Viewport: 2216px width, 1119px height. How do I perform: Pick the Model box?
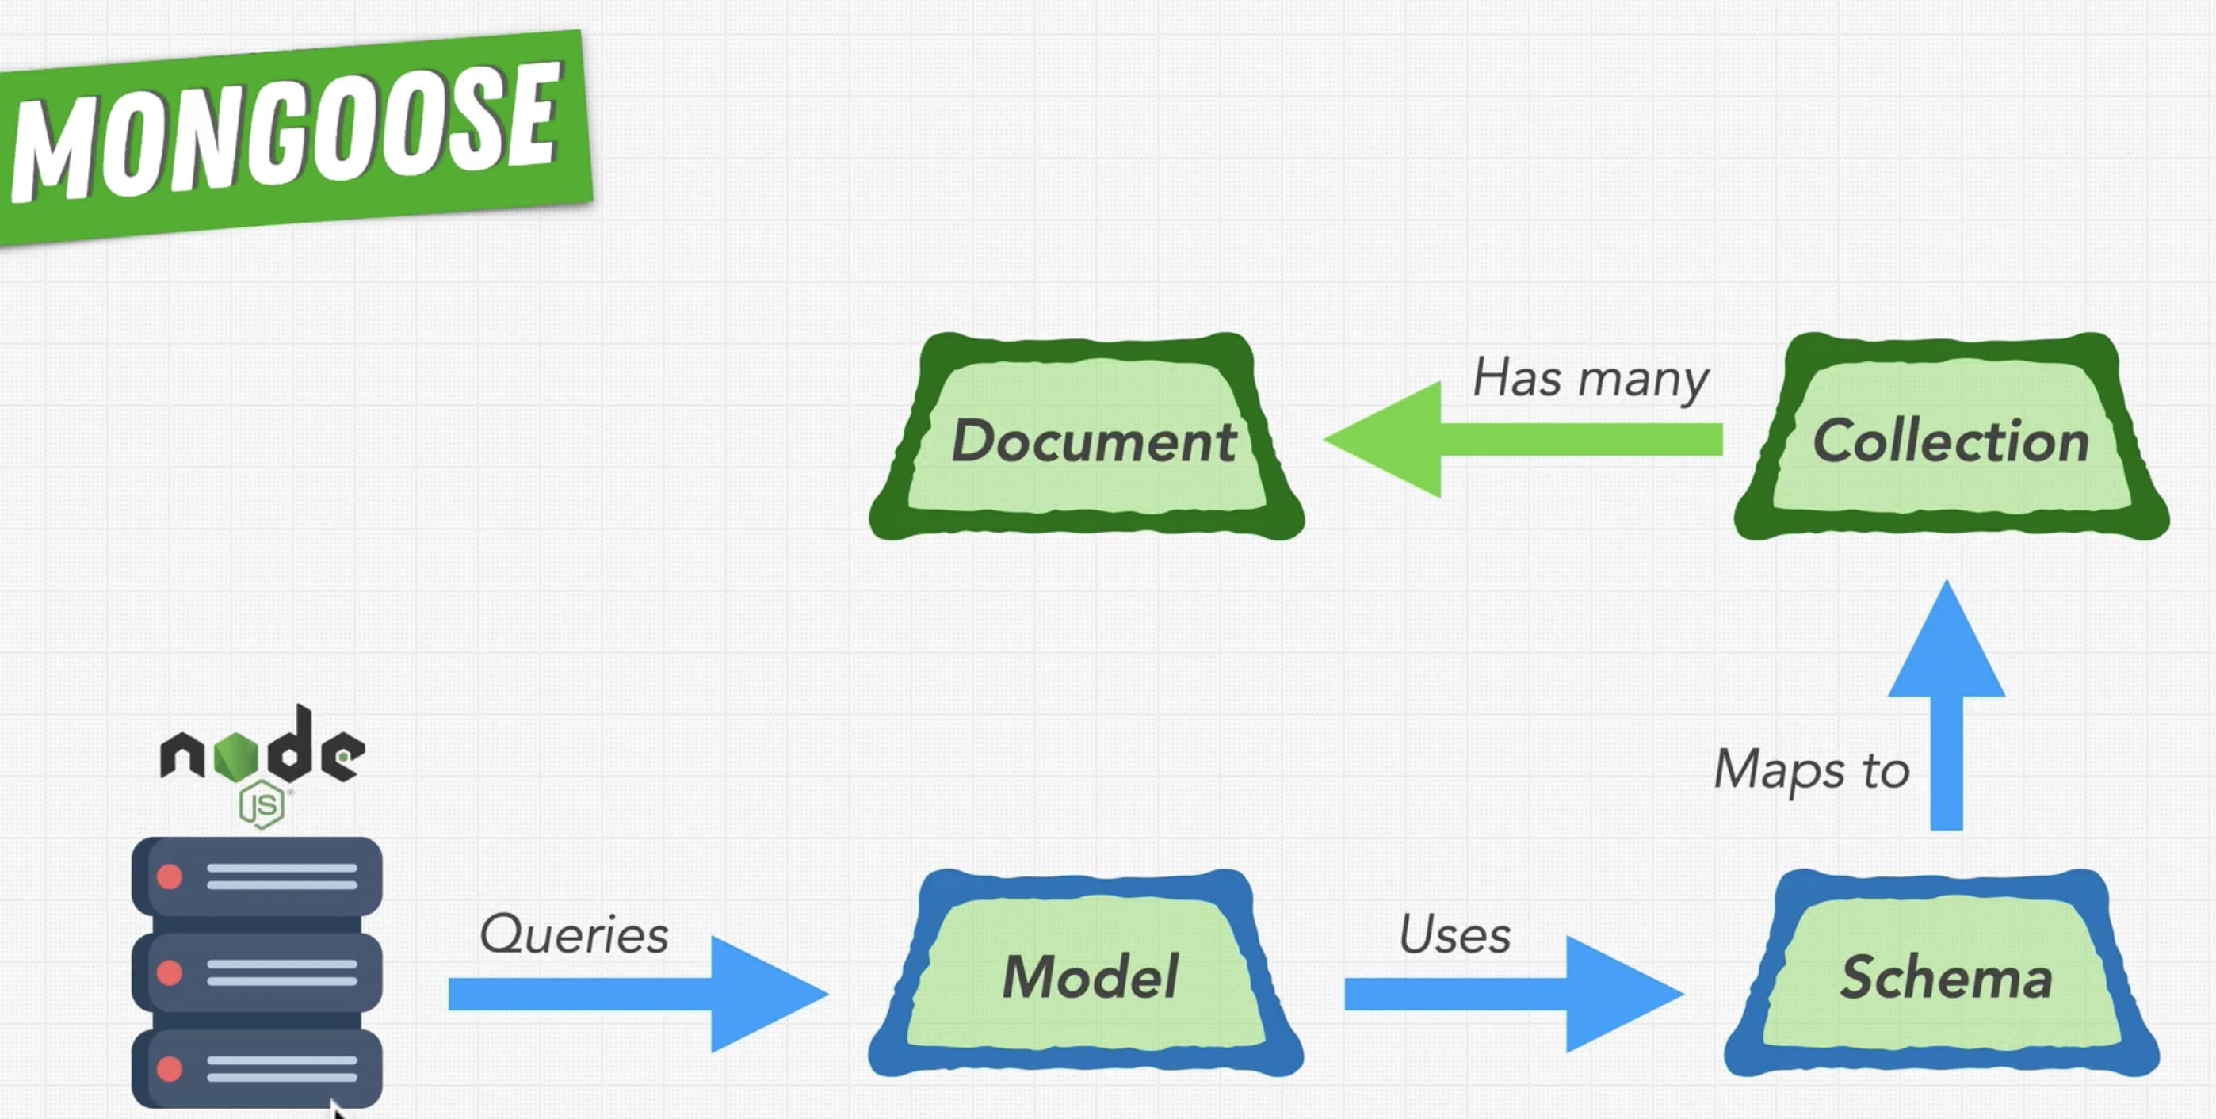point(1089,976)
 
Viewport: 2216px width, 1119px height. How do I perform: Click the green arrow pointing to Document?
point(1523,440)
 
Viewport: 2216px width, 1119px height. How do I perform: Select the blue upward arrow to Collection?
point(1946,705)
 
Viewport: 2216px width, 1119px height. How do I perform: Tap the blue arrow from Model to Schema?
point(1514,995)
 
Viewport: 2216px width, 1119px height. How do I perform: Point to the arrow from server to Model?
point(636,995)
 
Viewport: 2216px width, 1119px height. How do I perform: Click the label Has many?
point(1590,379)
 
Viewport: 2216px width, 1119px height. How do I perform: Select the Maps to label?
point(1812,768)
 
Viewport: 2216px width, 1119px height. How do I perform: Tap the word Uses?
point(1454,934)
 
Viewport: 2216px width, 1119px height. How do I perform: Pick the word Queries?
point(574,934)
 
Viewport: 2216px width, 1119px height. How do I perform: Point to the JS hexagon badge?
point(262,805)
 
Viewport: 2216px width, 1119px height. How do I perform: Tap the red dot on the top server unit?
point(170,876)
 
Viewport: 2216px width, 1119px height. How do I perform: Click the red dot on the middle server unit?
point(170,972)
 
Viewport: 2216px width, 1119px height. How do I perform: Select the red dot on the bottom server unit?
point(170,1069)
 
